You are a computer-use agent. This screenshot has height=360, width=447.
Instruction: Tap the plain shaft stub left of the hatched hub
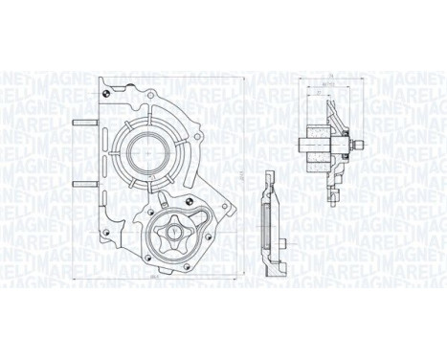[305, 146]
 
